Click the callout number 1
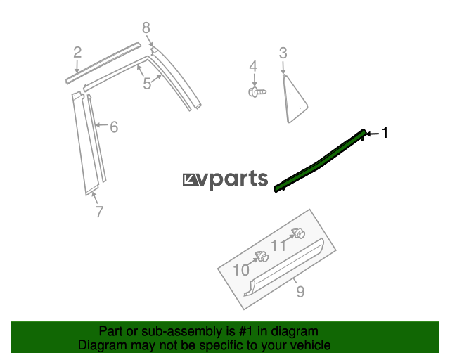click(x=385, y=132)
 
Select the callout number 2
click(x=77, y=51)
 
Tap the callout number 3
click(x=283, y=53)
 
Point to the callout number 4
click(x=253, y=67)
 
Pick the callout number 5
click(x=147, y=84)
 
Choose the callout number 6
click(x=113, y=127)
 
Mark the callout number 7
click(x=99, y=210)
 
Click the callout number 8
click(x=146, y=28)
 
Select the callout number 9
click(x=300, y=291)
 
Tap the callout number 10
click(x=241, y=270)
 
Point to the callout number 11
click(x=279, y=245)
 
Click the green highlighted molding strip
click(x=320, y=160)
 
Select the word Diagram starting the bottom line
click(x=102, y=345)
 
